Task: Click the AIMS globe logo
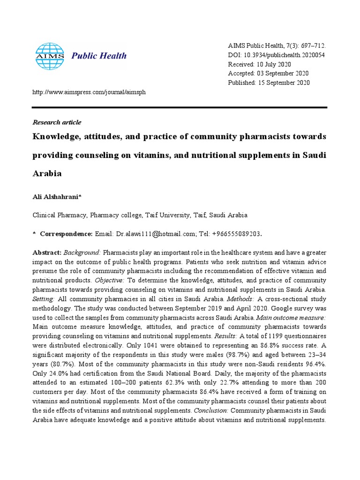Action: pyautogui.click(x=50, y=56)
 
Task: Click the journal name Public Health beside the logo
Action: pyautogui.click(x=99, y=56)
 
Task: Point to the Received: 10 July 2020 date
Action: pyautogui.click(x=259, y=64)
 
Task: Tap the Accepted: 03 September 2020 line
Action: pyautogui.click(x=268, y=74)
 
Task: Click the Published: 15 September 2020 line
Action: pyautogui.click(x=269, y=83)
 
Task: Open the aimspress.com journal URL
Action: pyautogui.click(x=89, y=92)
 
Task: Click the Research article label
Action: pyautogui.click(x=57, y=122)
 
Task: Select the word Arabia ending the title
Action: pyautogui.click(x=47, y=173)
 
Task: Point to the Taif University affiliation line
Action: pyautogui.click(x=140, y=215)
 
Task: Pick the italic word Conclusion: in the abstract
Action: pyautogui.click(x=209, y=411)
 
